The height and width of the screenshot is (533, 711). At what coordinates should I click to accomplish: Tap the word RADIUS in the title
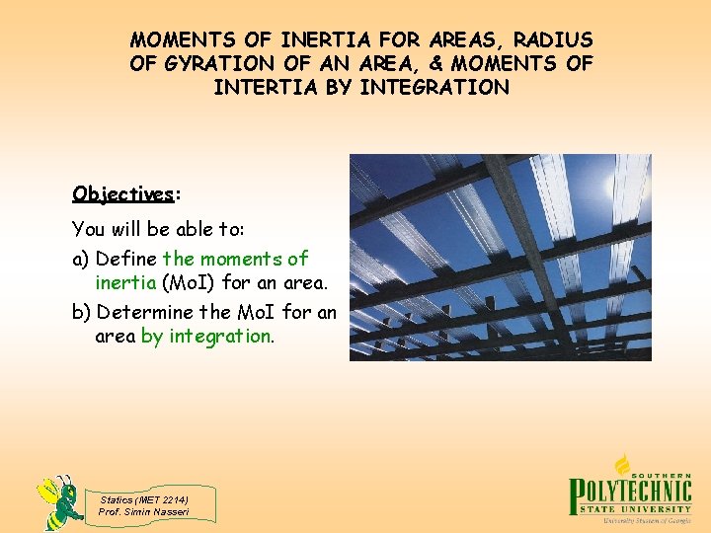553,40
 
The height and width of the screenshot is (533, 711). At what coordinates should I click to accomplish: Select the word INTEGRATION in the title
434,87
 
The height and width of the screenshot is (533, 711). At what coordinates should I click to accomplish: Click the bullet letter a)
81,259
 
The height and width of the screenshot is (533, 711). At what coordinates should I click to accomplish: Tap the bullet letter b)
81,313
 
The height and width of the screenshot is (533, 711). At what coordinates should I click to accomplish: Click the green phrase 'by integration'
205,337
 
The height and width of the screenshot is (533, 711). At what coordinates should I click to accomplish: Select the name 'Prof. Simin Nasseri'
144,511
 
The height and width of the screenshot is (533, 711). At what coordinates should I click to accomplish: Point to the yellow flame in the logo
622,463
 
